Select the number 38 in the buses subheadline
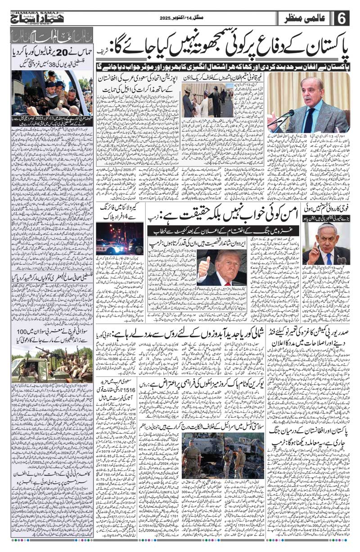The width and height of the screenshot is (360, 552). pyautogui.click(x=48, y=64)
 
